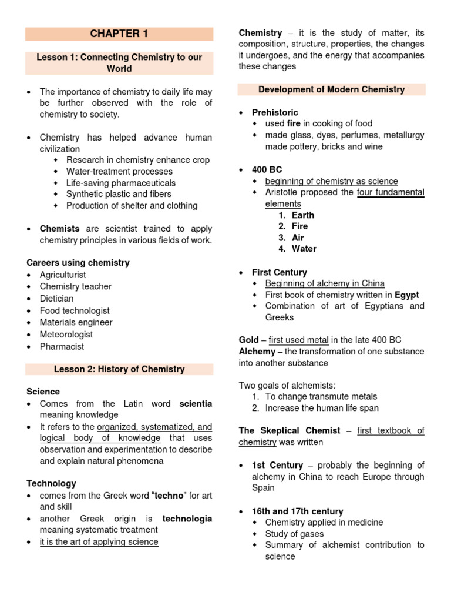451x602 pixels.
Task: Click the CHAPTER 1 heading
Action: tap(119, 34)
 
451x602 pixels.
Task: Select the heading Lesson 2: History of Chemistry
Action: tap(119, 369)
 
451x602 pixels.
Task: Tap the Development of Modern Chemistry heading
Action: tap(331, 89)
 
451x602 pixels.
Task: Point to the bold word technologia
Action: tap(187, 519)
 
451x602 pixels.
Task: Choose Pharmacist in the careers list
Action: tap(62, 346)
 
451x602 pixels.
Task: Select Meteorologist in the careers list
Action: tap(66, 335)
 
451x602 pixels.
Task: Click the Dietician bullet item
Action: tap(56, 299)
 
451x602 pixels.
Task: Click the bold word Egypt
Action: tap(407, 295)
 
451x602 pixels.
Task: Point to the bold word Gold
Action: tap(248, 340)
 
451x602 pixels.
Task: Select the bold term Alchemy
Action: tap(257, 352)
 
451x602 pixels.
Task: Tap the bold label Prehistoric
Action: tap(275, 112)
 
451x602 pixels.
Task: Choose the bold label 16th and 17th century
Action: tap(297, 511)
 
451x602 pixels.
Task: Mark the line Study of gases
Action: tap(294, 534)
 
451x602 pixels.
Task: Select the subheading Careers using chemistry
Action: tap(78, 263)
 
